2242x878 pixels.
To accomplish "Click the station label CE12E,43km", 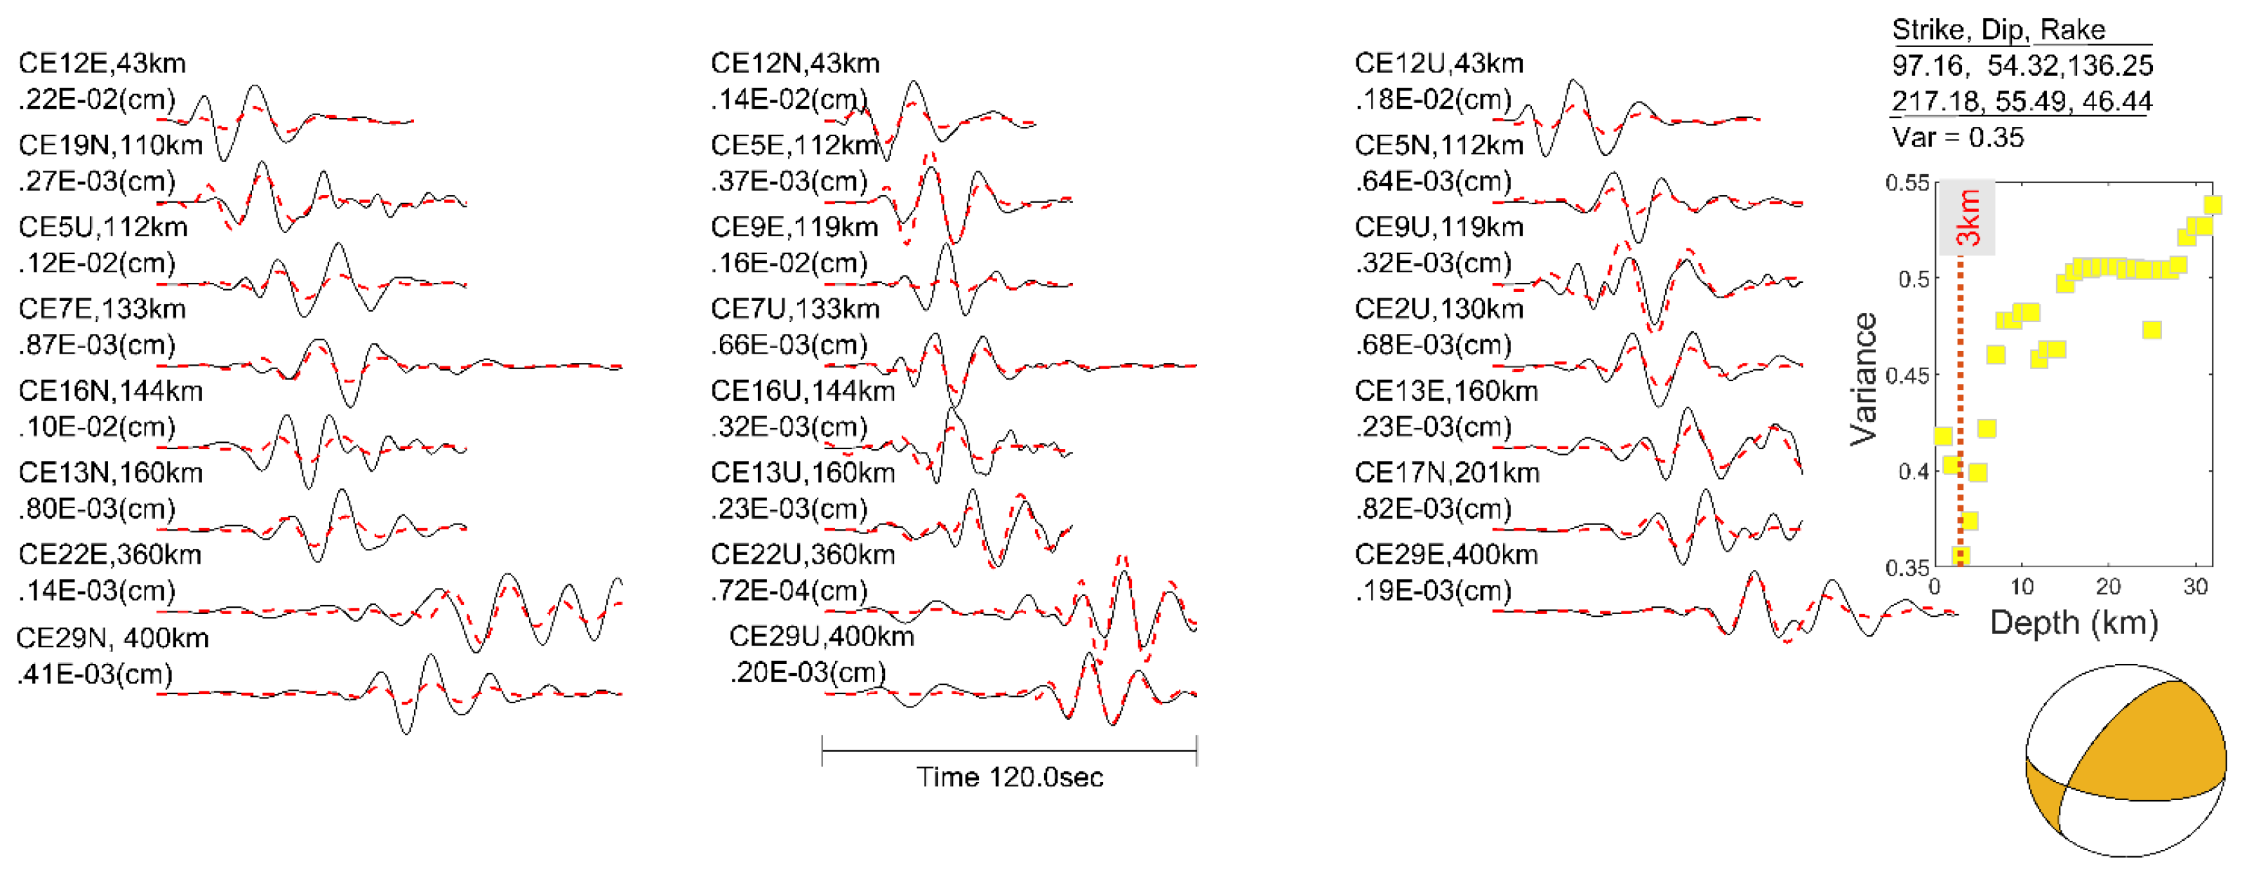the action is point(102,64).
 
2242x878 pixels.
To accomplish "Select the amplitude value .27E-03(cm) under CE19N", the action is point(97,181).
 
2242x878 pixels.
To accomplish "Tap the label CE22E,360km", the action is point(109,554).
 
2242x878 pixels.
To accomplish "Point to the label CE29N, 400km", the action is point(112,638).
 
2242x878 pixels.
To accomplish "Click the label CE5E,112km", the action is point(794,145).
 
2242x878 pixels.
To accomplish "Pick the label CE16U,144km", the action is point(803,391).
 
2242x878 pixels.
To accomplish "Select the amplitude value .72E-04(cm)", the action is point(789,591).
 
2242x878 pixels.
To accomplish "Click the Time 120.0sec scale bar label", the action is point(1010,776).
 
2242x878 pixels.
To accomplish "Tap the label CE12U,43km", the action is point(1439,64).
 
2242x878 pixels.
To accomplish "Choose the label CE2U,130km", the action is point(1439,309).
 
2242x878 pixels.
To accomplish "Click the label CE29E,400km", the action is point(1446,554).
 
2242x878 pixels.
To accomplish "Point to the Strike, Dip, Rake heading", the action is point(1999,29).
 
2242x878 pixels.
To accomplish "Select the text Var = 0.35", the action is point(1957,138).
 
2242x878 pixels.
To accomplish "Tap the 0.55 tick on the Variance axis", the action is point(1907,182).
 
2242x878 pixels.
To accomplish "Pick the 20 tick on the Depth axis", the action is point(2108,587).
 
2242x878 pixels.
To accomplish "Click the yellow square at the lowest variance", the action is point(1960,556).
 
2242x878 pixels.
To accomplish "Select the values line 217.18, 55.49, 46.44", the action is point(2022,101).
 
